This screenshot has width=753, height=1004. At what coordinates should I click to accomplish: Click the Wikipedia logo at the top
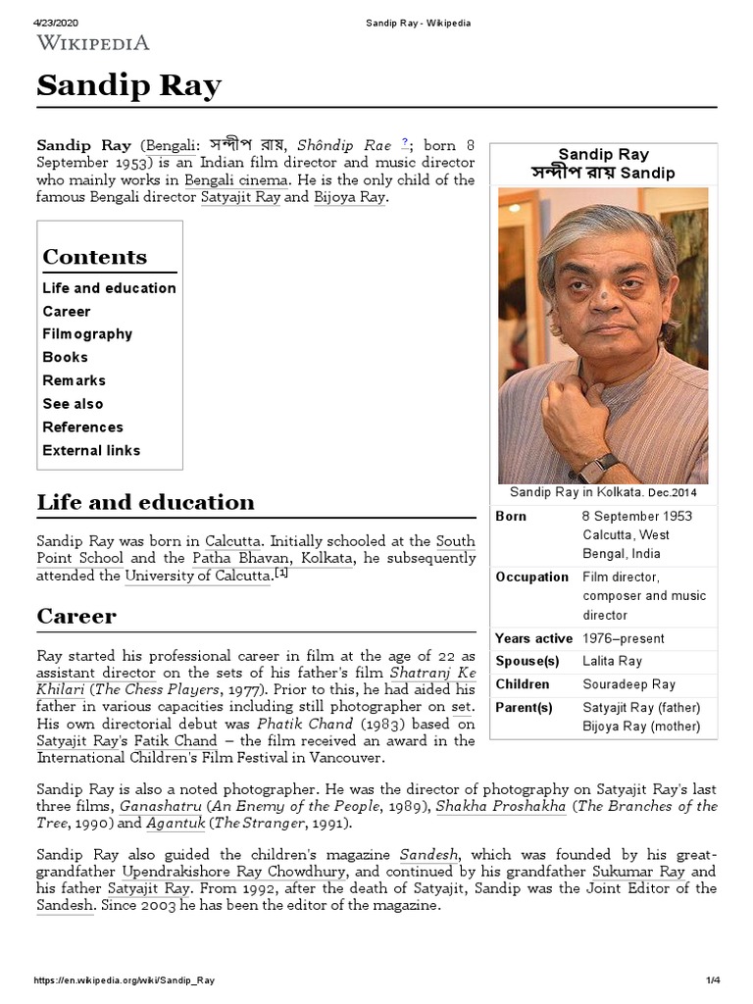point(93,41)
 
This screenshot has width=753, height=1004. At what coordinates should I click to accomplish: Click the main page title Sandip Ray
point(128,86)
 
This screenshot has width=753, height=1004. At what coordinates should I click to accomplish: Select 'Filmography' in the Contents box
point(87,334)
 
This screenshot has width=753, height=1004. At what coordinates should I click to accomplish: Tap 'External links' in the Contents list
point(91,451)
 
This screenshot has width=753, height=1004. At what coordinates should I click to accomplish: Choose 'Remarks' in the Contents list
point(74,380)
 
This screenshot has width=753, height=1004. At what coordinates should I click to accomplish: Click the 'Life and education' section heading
point(145,503)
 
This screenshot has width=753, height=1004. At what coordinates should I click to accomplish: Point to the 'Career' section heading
point(76,617)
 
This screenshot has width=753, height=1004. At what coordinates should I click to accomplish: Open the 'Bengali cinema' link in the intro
point(236,180)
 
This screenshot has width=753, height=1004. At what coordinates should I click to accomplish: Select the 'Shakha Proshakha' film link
point(514,807)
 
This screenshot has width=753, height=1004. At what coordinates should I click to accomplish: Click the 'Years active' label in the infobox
point(533,639)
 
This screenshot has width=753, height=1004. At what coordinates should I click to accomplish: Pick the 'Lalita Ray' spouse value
point(612,662)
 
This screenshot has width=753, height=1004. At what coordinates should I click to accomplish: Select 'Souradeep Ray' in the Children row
point(628,684)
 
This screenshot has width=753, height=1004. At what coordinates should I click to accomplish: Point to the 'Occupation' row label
point(531,577)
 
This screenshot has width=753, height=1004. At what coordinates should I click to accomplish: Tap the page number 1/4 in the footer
point(713,981)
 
